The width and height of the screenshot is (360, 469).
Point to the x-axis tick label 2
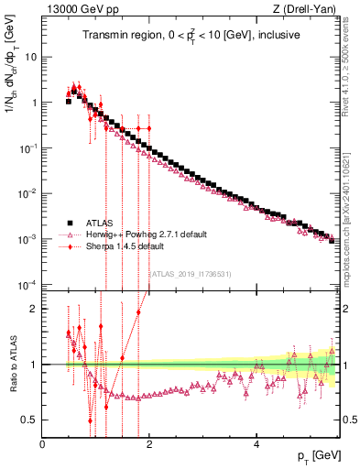tap(149, 442)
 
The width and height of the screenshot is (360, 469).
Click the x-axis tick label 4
tap(256, 442)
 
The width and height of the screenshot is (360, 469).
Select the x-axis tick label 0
tap(43, 442)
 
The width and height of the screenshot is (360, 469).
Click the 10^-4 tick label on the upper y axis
tap(27, 285)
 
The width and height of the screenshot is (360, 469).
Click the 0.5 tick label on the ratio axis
tap(30, 420)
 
